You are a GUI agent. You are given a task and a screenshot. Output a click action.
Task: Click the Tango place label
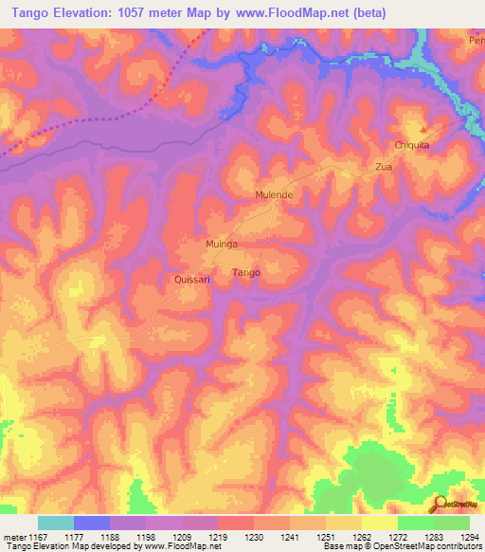(246, 273)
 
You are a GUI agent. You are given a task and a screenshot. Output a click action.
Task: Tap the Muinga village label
(221, 244)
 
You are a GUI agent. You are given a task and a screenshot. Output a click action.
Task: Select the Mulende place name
(274, 194)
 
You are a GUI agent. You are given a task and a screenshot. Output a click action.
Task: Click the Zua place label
(384, 166)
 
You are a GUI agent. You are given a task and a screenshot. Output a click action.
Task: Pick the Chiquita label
(412, 145)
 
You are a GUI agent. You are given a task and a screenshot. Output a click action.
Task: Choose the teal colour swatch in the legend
(56, 523)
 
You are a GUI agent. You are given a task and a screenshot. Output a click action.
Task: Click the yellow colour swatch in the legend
(380, 523)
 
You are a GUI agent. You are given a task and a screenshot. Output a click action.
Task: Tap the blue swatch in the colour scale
(92, 523)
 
